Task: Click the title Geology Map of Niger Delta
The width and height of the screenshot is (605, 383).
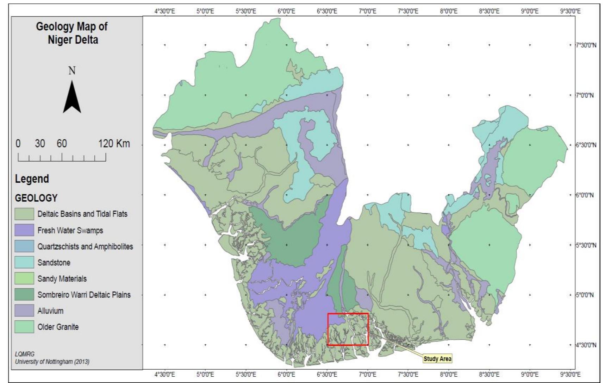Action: coord(72,33)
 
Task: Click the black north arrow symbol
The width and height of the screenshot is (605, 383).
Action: coord(72,96)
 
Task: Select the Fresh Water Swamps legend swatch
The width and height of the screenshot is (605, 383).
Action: coord(24,230)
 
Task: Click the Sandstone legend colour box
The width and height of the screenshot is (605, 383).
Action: coord(24,262)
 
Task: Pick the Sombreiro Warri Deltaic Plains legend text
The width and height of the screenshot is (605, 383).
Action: coord(84,295)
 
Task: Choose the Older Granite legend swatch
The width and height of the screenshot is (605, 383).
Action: coord(24,327)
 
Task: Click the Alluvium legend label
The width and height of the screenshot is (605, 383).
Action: coord(50,311)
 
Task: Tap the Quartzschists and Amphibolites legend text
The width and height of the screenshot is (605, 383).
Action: coord(85,246)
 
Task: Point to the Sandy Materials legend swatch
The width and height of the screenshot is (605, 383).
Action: coord(24,278)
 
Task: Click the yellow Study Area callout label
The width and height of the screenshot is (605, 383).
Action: coord(437,359)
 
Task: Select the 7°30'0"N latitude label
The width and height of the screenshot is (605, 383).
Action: coord(586,45)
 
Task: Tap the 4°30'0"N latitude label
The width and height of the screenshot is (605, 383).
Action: coord(586,345)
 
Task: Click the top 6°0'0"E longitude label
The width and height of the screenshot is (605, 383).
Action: coord(286,11)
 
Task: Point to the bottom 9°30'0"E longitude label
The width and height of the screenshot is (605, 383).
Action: coord(570,375)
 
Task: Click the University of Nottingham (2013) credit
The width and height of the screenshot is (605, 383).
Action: coord(52,362)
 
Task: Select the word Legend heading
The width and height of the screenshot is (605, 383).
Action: coord(32,179)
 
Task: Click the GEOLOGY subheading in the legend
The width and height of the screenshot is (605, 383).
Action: coord(36,198)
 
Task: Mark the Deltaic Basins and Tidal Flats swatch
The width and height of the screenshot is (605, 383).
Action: coord(24,214)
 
